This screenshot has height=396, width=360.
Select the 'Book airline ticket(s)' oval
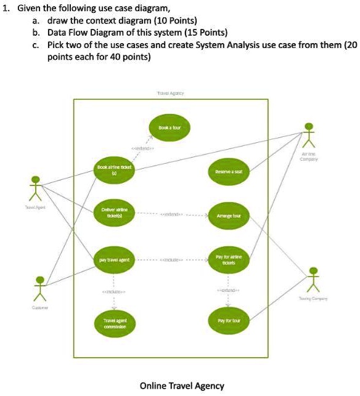point(111,170)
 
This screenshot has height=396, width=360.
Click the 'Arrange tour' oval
point(228,216)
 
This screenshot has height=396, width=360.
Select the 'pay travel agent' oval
point(111,259)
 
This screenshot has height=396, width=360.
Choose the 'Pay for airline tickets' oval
point(228,259)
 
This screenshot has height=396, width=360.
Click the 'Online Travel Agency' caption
point(182,386)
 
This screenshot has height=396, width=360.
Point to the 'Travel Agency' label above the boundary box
point(171,93)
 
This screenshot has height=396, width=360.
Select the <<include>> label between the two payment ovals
point(170,260)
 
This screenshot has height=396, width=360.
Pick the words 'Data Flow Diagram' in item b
point(84,32)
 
